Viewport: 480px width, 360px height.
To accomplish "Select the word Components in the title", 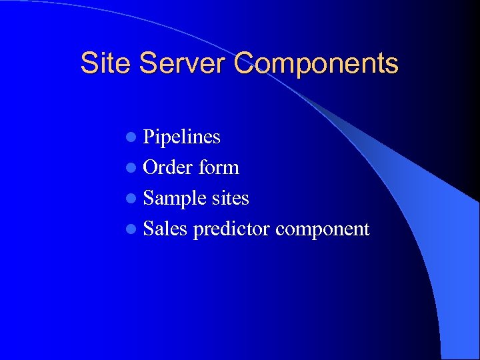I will point(316,64).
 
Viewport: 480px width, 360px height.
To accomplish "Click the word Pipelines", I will point(182,137).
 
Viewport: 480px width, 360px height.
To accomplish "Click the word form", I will point(219,168).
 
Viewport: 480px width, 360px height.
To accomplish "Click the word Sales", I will point(165,229).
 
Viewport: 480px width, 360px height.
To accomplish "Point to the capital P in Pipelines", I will point(149,137).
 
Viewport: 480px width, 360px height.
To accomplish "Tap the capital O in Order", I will point(150,168).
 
